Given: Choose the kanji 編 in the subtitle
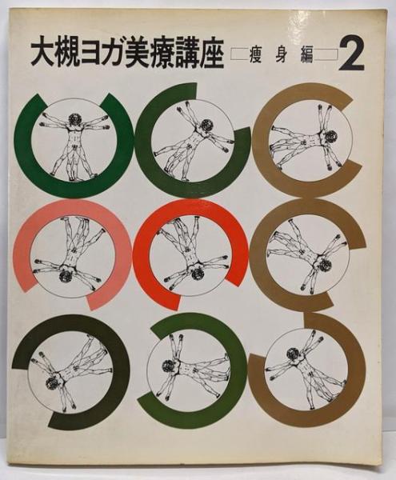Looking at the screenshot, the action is click(306, 55).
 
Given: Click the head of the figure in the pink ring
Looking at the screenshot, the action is click(66, 276).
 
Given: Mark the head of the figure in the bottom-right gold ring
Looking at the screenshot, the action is click(293, 354).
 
